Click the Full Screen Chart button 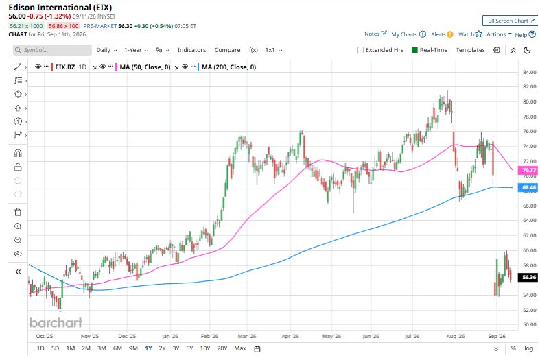(510, 21)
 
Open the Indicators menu (191, 50)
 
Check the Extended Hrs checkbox (361, 50)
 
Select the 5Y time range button (189, 348)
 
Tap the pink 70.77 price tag (528, 170)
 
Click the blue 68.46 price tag (528, 188)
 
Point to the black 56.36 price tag (528, 277)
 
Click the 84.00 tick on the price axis (529, 72)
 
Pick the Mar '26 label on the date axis (247, 336)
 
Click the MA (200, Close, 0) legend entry (228, 67)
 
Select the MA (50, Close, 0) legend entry (145, 67)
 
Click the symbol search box (52, 50)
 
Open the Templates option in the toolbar (470, 50)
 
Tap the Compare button (227, 50)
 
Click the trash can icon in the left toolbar (18, 212)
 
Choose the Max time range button (240, 348)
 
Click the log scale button (528, 348)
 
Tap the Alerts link (442, 34)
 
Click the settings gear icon (497, 50)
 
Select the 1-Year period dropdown (136, 50)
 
